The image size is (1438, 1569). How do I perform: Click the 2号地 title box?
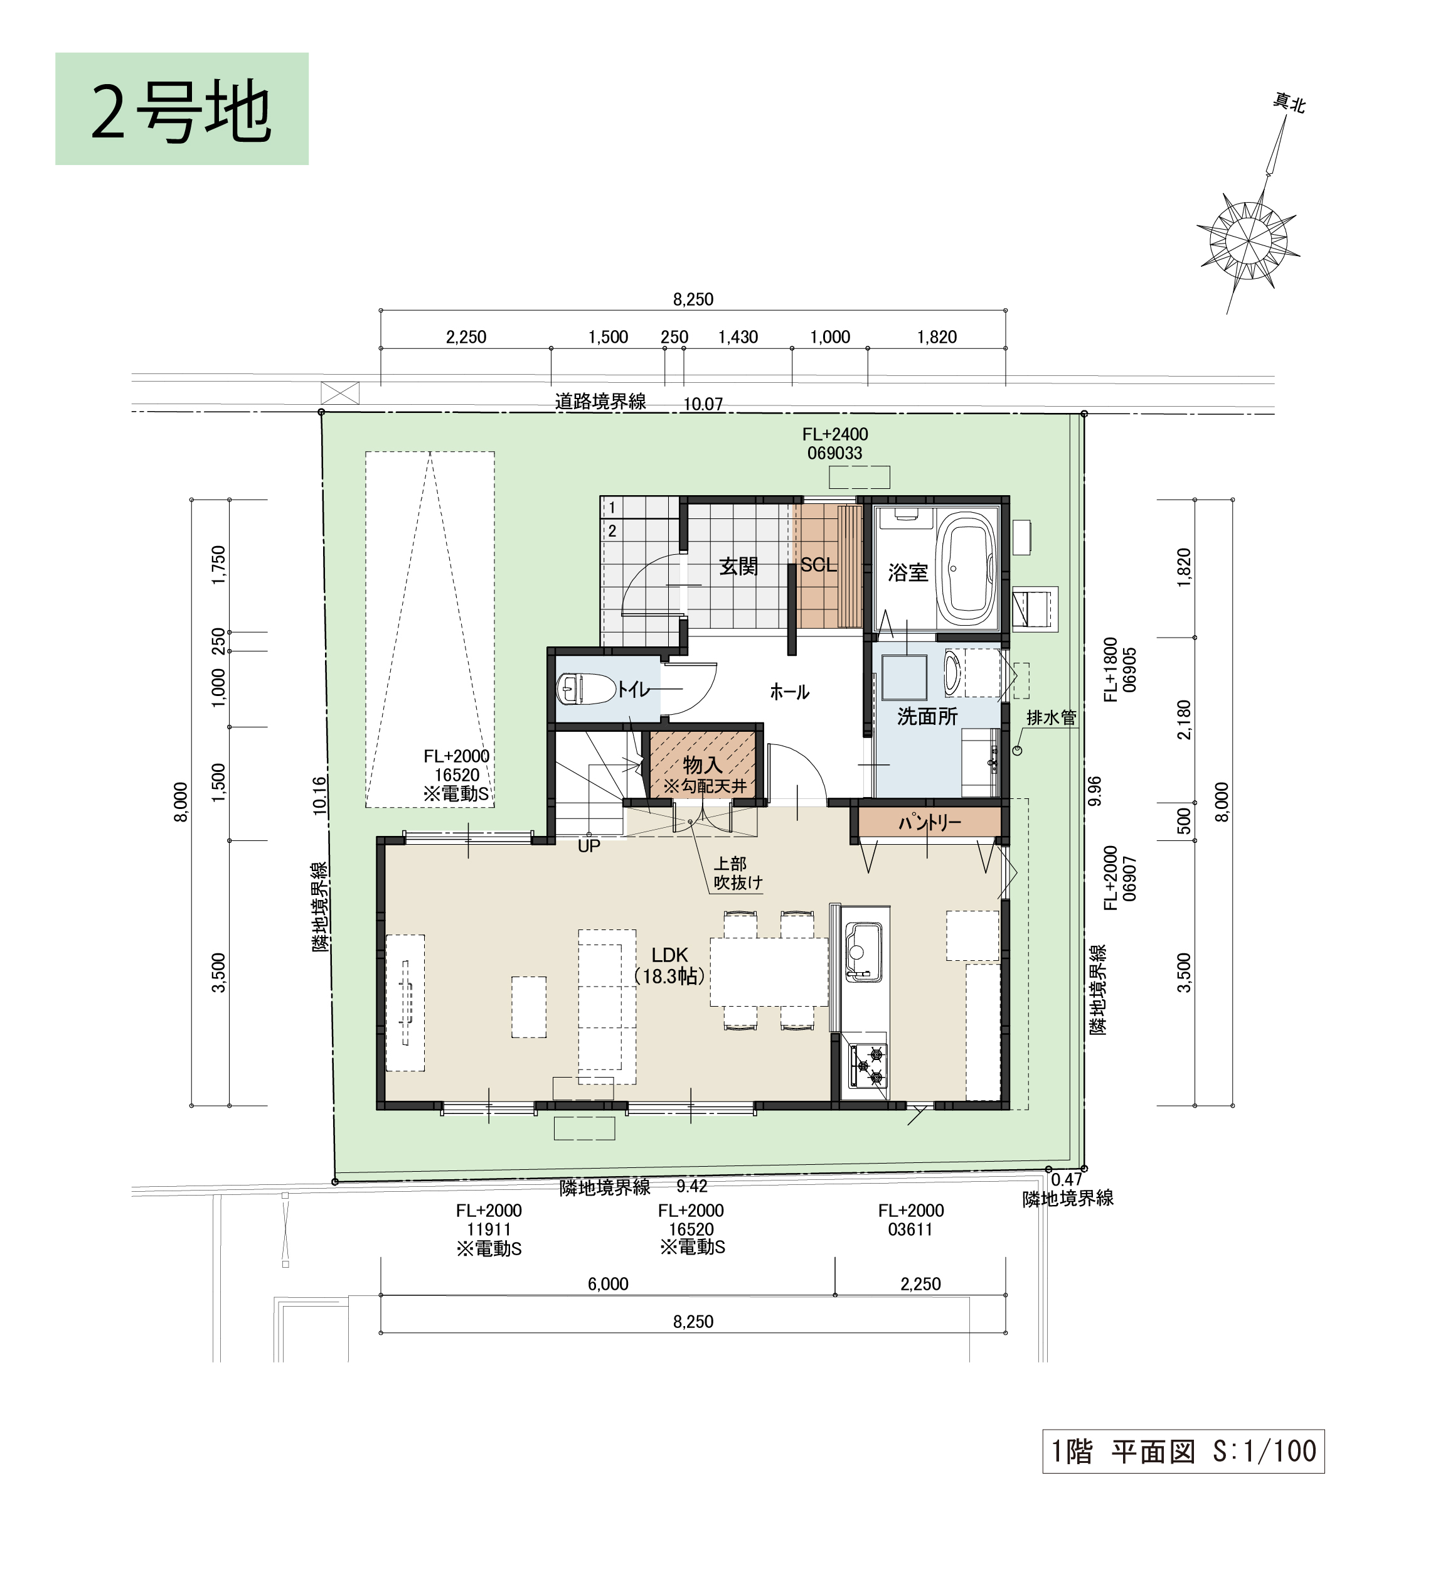click(182, 109)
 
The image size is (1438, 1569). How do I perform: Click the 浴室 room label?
click(908, 573)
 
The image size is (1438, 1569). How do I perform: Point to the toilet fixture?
click(586, 688)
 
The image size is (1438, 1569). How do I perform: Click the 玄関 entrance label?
click(738, 567)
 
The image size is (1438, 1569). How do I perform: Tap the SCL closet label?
click(819, 565)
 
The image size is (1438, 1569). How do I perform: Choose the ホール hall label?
click(790, 691)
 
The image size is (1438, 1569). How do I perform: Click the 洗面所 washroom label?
click(927, 716)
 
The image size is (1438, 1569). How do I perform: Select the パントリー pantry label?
click(930, 823)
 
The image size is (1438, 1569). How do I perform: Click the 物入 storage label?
click(703, 766)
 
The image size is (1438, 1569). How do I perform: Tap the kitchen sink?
click(864, 953)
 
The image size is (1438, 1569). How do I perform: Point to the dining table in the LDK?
click(769, 972)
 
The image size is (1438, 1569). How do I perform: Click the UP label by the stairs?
click(589, 846)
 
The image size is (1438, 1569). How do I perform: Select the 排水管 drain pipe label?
click(1052, 717)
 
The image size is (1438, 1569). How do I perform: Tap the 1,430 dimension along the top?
click(738, 337)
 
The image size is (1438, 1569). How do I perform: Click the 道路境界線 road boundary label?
click(600, 402)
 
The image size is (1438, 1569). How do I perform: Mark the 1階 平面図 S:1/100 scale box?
click(1183, 1451)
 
